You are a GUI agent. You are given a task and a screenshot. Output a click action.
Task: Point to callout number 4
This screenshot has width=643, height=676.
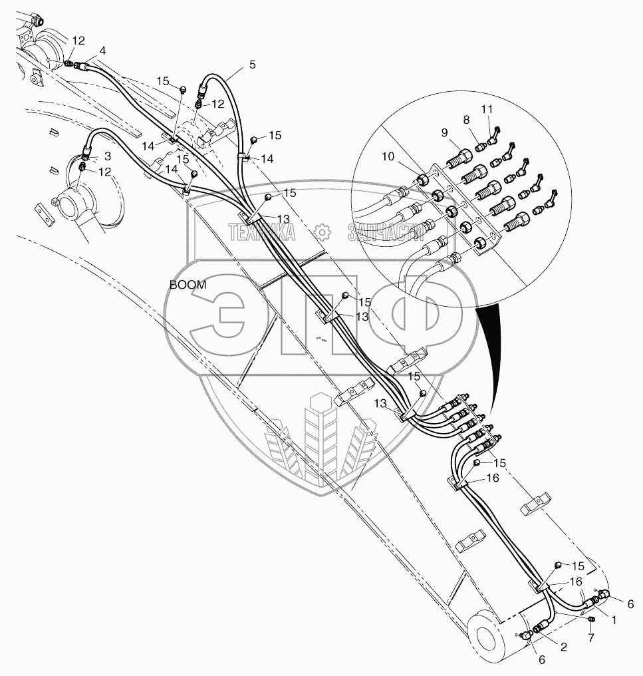(102, 51)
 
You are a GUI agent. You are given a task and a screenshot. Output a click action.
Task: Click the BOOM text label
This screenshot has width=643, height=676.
(188, 285)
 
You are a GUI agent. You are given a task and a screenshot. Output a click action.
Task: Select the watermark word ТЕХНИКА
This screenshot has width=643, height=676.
(262, 232)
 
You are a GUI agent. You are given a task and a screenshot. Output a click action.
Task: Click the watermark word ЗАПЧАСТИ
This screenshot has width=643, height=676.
(386, 232)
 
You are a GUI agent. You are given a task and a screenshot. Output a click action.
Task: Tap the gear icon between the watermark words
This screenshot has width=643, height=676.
(322, 232)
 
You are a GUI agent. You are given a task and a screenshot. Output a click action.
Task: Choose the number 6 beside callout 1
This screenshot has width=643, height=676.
(630, 603)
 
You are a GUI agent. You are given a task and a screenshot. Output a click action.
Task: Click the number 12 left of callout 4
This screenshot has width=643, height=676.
(78, 41)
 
